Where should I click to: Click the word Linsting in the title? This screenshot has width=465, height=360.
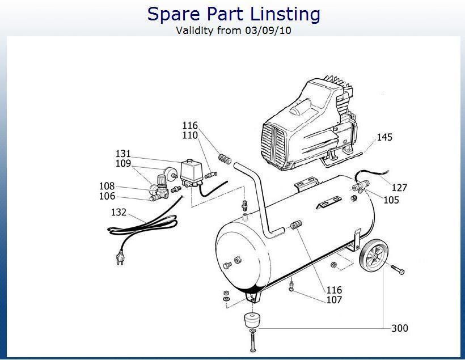[x=285, y=14]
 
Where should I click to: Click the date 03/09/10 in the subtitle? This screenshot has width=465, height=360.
[x=268, y=30]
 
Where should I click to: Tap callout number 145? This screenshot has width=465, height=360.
[x=384, y=137]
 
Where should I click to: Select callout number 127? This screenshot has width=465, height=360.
[x=399, y=188]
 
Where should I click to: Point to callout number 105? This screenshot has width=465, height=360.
[x=391, y=200]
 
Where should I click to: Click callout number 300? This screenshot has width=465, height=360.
[x=400, y=328]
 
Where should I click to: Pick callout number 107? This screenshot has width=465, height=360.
[x=334, y=300]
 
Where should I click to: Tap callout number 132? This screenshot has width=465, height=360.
[x=119, y=212]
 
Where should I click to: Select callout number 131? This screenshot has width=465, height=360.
[x=123, y=154]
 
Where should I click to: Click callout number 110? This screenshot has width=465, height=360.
[x=190, y=135]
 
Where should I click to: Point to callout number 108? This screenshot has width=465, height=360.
[x=107, y=186]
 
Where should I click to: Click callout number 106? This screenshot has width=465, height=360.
[x=107, y=196]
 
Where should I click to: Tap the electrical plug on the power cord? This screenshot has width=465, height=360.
[x=120, y=257]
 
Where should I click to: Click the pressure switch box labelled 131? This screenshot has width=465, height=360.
[x=191, y=173]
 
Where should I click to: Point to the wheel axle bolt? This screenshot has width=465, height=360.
[x=398, y=269]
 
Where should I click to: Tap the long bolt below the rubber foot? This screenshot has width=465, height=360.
[x=253, y=342]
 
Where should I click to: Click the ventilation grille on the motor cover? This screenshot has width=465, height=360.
[x=273, y=146]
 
